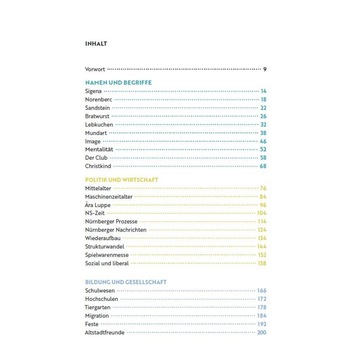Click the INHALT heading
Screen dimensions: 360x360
coord(96,44)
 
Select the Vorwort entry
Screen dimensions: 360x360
coord(95,69)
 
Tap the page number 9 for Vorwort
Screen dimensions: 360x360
coord(265,69)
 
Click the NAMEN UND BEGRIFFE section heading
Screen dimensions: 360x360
coord(118,83)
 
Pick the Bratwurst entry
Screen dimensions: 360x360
coord(97,116)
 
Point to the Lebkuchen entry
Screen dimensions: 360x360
coord(99,124)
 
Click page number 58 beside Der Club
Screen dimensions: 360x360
coord(263,158)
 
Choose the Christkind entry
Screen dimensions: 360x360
coord(98,166)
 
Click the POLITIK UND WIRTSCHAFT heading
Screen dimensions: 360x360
coord(122,180)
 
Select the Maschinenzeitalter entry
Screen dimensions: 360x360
coord(109,197)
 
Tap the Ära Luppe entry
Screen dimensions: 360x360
coord(98,205)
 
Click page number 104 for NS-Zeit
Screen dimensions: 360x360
coord(262,213)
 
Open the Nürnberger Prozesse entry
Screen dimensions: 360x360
coord(111,221)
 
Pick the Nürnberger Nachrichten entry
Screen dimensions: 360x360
coord(116,230)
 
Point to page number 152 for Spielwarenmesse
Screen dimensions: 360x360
coord(262,255)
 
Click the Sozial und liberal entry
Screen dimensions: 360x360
coord(107,263)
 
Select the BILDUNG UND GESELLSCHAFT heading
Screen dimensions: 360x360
coord(126,282)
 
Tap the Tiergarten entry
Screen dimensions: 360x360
coord(97,307)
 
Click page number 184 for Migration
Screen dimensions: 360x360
coord(262,316)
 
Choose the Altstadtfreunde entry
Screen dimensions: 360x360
coord(105,333)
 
